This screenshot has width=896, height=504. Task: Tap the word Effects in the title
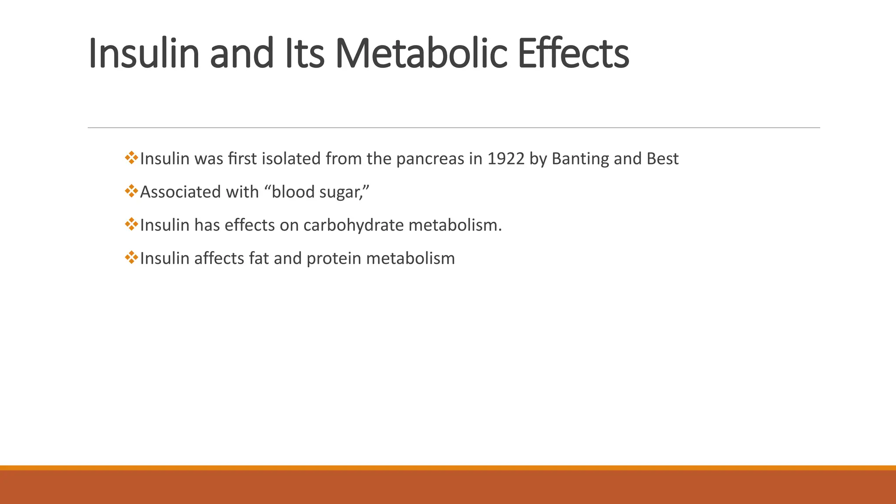[573, 54]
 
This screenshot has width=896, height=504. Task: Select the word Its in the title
[304, 54]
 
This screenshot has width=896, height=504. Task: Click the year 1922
[506, 159]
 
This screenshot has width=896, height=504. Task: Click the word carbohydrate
[353, 225]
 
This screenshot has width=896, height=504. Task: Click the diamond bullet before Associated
[131, 191]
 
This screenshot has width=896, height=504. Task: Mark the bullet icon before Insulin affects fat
[131, 258]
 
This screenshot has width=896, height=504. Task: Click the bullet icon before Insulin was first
[131, 158]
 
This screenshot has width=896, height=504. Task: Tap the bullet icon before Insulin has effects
[131, 224]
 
